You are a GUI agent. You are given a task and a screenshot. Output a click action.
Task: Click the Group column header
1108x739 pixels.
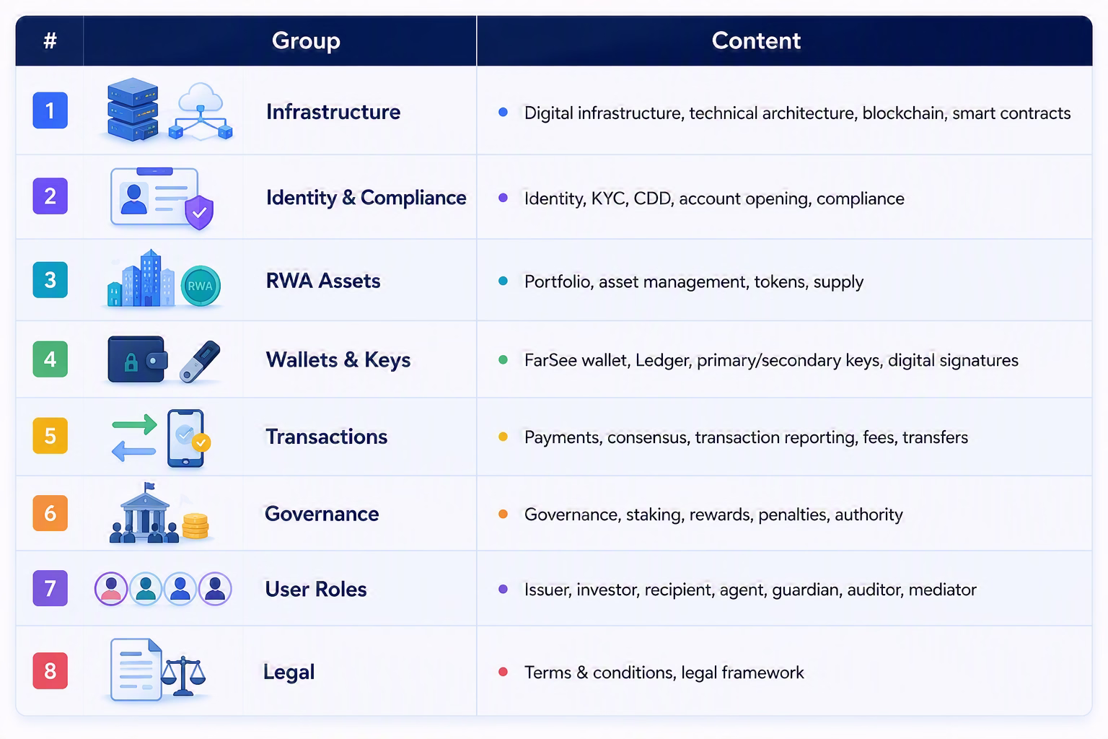click(306, 40)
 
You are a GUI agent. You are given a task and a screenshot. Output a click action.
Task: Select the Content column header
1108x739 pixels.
click(756, 40)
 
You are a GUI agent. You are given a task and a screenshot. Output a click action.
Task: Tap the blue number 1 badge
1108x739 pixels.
click(50, 110)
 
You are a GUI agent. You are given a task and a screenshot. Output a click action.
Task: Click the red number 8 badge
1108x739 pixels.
click(50, 670)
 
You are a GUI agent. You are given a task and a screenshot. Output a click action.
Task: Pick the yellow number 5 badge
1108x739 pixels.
click(50, 436)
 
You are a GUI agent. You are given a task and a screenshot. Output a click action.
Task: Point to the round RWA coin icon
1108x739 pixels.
click(201, 286)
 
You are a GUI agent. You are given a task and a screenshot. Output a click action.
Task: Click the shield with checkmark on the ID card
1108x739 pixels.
click(199, 213)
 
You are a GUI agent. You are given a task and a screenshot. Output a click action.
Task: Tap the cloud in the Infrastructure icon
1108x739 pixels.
click(201, 97)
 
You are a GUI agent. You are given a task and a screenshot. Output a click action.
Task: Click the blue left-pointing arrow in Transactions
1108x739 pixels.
click(133, 451)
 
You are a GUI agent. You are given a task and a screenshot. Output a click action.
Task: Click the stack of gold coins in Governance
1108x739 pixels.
click(195, 526)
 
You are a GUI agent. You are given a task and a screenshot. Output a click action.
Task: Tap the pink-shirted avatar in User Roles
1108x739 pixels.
click(111, 589)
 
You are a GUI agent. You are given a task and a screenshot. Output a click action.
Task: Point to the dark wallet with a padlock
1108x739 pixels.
click(138, 359)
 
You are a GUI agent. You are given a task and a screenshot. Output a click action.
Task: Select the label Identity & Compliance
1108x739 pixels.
click(366, 198)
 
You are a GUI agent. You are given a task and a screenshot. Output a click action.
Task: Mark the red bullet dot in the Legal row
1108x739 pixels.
click(503, 672)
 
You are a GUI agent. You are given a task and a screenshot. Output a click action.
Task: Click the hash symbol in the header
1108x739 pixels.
click(50, 40)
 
